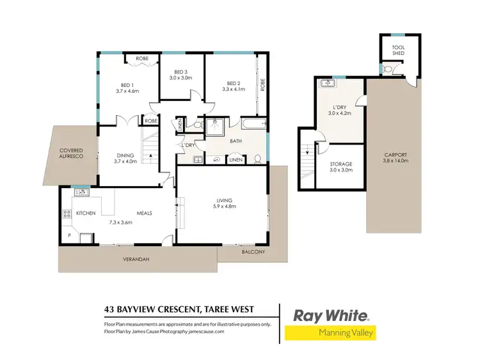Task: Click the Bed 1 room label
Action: click(127, 85)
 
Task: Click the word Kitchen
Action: click(86, 213)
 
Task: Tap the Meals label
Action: click(143, 213)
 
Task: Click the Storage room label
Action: click(340, 164)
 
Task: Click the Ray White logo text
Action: click(330, 315)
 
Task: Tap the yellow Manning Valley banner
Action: click(330, 333)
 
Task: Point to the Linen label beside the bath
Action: click(236, 160)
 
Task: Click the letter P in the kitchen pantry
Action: click(69, 235)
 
